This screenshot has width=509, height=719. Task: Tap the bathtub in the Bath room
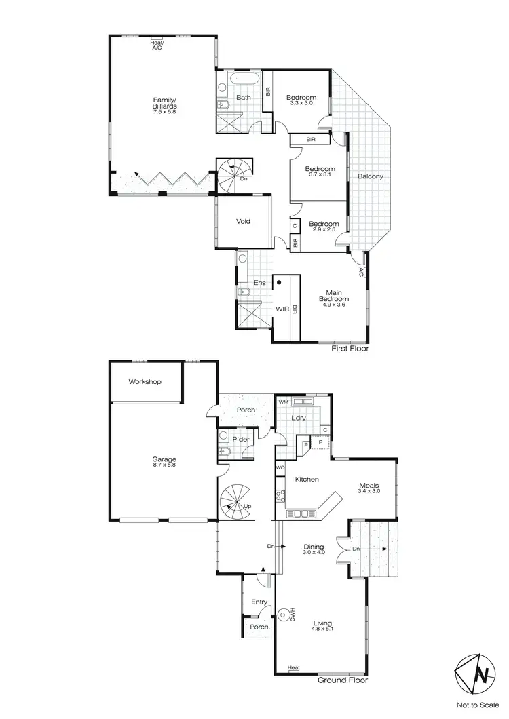click(242, 80)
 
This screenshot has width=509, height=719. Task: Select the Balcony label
click(371, 177)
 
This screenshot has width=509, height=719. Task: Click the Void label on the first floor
click(244, 222)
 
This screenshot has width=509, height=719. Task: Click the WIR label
click(282, 309)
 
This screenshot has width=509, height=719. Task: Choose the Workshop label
click(145, 382)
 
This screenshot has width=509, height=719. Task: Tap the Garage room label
click(164, 463)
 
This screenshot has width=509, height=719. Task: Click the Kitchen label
click(307, 480)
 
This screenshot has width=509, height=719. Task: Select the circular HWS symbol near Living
click(283, 615)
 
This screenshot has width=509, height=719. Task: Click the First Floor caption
click(350, 349)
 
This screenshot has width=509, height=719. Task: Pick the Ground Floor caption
click(343, 680)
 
